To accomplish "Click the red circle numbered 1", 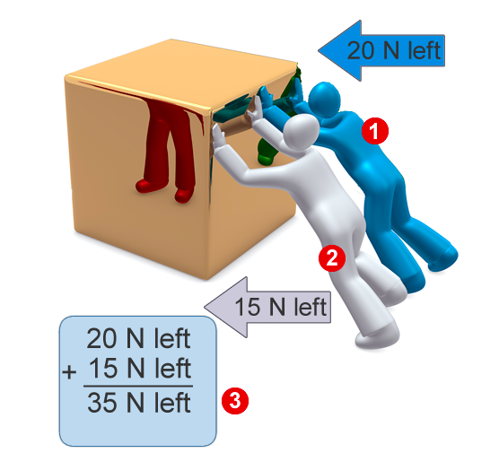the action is tap(375, 131).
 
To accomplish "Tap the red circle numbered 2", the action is tap(332, 257).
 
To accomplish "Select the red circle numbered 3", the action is tap(235, 400).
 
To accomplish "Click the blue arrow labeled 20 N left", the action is tap(381, 50).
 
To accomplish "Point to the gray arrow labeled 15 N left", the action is tap(267, 307).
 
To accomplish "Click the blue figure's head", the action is tap(324, 99).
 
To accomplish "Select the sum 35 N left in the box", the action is tap(139, 403).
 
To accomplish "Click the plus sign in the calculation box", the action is tap(69, 372).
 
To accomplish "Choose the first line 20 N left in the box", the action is tap(138, 338).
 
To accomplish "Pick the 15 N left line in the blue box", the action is tap(139, 369).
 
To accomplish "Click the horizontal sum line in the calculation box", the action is tap(138, 387).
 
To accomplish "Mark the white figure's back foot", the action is tap(377, 339).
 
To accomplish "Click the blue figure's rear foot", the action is tap(444, 259).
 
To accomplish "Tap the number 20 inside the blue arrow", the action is tap(361, 50).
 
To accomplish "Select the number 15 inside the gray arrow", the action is tap(248, 307).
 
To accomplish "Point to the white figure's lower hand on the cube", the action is tap(218, 136).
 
